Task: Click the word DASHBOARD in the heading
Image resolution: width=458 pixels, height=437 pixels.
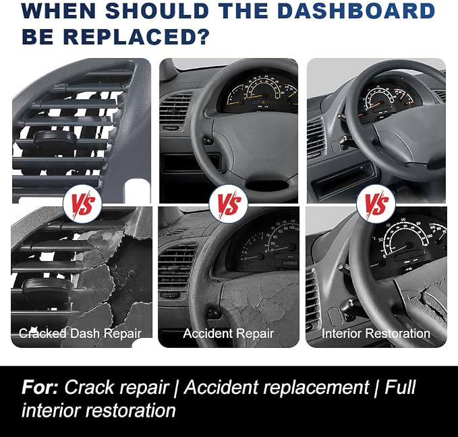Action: click(357, 11)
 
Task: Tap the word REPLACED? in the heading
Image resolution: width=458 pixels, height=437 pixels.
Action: click(137, 36)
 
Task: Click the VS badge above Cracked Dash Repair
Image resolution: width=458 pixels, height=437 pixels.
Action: click(83, 204)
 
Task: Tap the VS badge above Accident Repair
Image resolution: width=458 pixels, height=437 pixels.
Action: click(229, 204)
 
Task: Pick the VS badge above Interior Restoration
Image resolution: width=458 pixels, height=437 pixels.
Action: click(376, 204)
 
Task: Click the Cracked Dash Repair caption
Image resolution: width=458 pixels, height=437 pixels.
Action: click(80, 333)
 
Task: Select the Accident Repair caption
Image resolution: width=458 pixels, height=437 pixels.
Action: click(229, 333)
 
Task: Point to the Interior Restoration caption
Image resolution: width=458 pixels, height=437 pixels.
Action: click(376, 333)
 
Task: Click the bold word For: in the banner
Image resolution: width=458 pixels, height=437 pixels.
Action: click(40, 387)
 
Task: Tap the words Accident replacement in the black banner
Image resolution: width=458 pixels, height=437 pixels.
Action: click(277, 387)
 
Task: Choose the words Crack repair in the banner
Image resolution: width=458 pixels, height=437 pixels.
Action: click(116, 388)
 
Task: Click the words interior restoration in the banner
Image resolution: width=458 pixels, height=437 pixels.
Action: click(98, 410)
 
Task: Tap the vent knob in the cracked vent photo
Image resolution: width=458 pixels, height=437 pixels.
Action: click(48, 287)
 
